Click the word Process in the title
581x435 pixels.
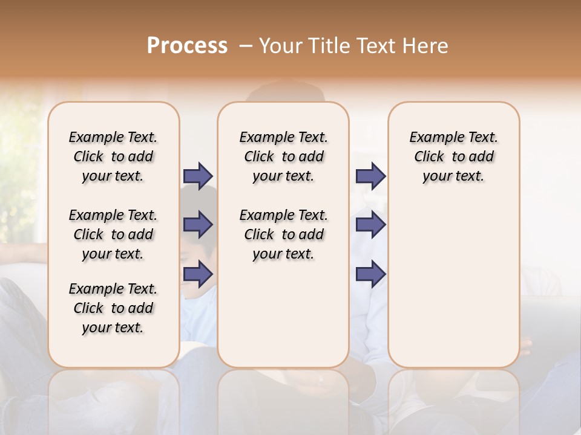[x=187, y=46]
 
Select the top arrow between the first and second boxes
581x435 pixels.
[x=198, y=176]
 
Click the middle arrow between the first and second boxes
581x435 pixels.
[x=198, y=225]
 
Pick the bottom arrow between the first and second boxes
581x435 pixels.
[x=198, y=274]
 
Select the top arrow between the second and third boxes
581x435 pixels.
[x=370, y=176]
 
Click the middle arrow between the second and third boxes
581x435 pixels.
[x=370, y=225]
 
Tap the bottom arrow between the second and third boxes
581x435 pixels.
[x=370, y=274]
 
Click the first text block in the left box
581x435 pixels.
[x=113, y=156]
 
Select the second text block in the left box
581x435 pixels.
[x=113, y=234]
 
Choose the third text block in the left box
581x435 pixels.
[x=113, y=308]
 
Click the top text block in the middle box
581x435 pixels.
[x=283, y=156]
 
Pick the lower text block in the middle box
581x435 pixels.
[x=283, y=234]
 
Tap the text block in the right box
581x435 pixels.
[x=454, y=156]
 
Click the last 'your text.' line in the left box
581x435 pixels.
[x=113, y=327]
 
